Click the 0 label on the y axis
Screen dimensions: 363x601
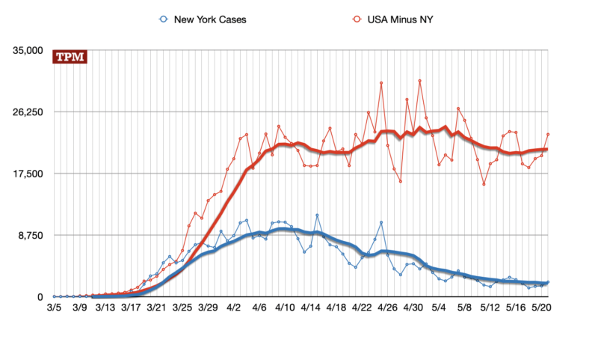[x=43, y=297]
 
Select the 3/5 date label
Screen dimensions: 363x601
[x=55, y=307]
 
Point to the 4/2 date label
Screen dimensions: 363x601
[x=234, y=307]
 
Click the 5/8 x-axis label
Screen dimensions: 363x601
[x=464, y=307]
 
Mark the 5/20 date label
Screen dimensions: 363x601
[x=541, y=307]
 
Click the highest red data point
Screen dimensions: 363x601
[x=420, y=80]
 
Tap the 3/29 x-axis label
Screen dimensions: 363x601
[x=209, y=307]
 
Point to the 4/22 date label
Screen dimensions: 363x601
[x=362, y=307]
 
